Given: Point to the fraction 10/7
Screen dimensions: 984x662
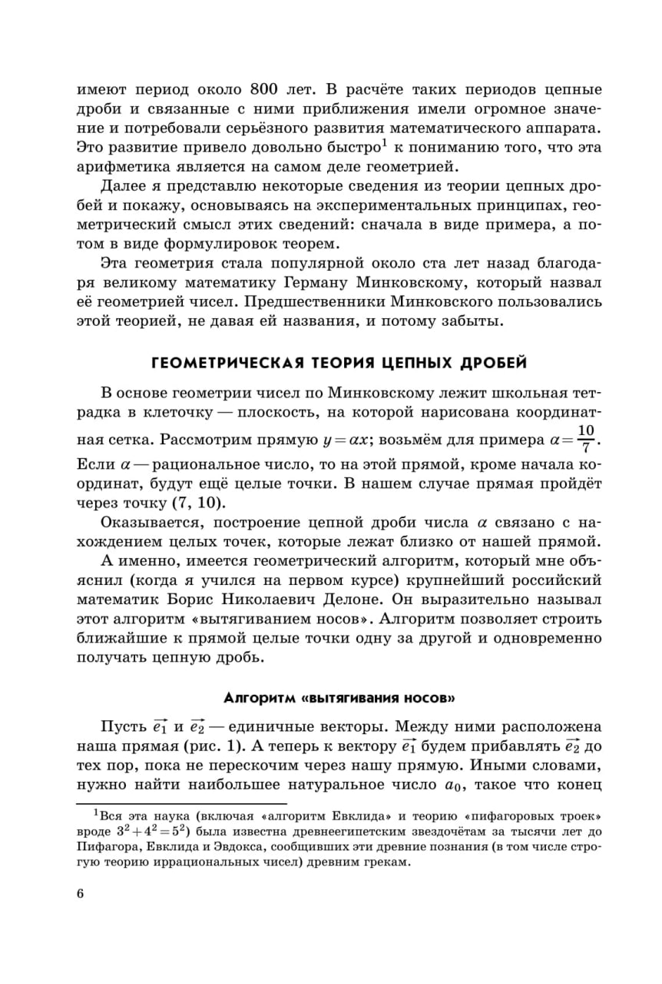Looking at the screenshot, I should click(586, 437).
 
